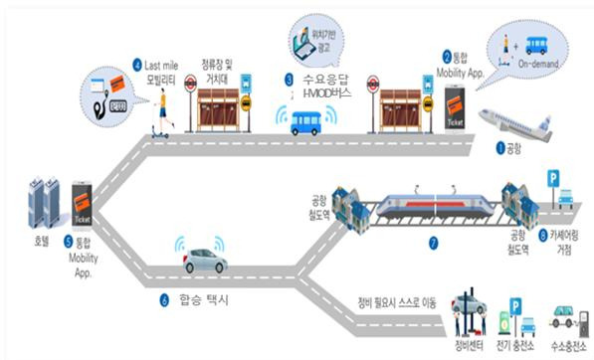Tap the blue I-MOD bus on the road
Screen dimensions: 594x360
pyautogui.click(x=306, y=122)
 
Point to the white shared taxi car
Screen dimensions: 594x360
pyautogui.click(x=204, y=264)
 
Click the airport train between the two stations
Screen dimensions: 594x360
pyautogui.click(x=430, y=204)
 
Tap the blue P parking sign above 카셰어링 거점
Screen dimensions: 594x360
pyautogui.click(x=553, y=179)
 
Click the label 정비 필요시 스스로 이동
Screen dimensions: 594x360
pyautogui.click(x=397, y=299)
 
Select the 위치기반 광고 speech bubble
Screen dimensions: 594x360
pyautogui.click(x=310, y=39)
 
